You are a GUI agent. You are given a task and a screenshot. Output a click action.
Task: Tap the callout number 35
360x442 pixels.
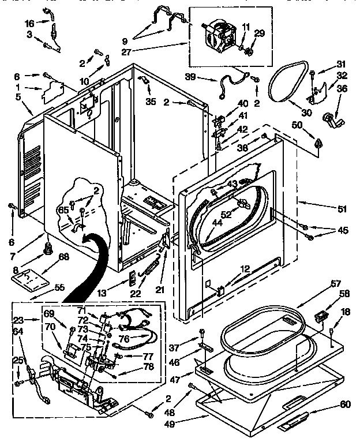(151, 102)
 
